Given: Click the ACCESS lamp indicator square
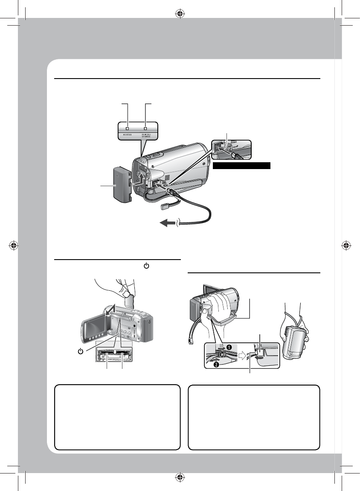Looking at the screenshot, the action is tap(127, 128).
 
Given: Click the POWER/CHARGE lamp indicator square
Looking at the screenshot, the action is tap(145, 128).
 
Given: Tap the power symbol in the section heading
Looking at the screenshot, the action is tap(146, 266).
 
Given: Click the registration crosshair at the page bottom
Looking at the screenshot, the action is tap(180, 477).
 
